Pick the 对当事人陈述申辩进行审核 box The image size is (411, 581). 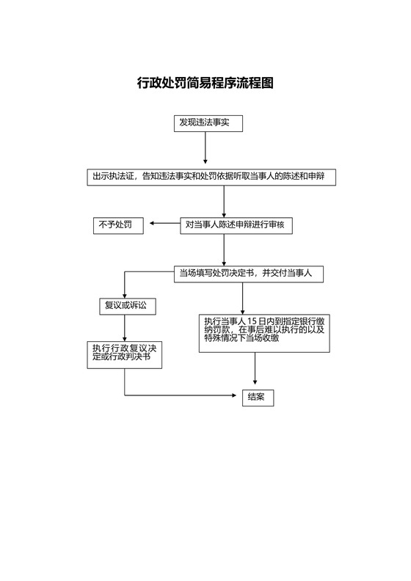(236, 225)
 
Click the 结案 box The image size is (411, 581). (257, 398)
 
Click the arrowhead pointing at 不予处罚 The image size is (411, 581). (153, 224)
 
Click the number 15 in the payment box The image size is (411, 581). (252, 321)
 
